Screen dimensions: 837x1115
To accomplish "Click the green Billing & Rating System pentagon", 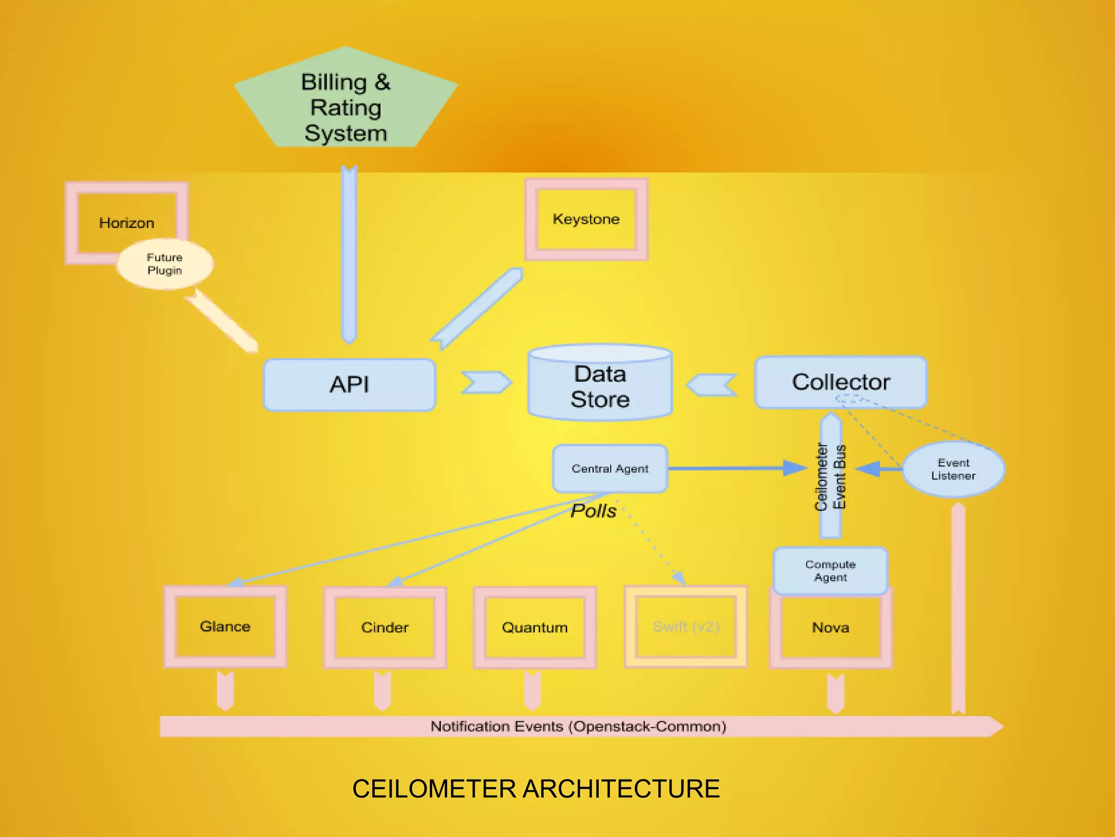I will pyautogui.click(x=345, y=106).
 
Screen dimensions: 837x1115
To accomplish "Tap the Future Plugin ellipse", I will pyautogui.click(x=164, y=264).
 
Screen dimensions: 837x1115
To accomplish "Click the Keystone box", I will pyautogui.click(x=586, y=219).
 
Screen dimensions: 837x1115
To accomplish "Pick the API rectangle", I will pyautogui.click(x=349, y=384).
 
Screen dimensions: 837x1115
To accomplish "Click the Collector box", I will pyautogui.click(x=840, y=382).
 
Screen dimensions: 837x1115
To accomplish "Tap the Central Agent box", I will pyautogui.click(x=610, y=469).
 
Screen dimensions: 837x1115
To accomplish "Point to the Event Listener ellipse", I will pyautogui.click(x=953, y=469).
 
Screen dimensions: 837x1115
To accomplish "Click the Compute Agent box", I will pyautogui.click(x=830, y=571).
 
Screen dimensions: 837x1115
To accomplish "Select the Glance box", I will pyautogui.click(x=225, y=627).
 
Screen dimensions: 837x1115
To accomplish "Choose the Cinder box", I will pyautogui.click(x=384, y=627).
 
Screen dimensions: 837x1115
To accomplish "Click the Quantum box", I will pyautogui.click(x=535, y=627).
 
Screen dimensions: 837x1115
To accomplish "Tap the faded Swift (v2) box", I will pyautogui.click(x=685, y=627).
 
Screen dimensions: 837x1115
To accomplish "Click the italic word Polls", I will pyautogui.click(x=593, y=511).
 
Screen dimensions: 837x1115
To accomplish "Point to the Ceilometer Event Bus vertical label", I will pyautogui.click(x=830, y=476).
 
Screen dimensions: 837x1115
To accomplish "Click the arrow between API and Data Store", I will pyautogui.click(x=486, y=382).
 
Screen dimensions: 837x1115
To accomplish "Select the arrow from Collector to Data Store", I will pyautogui.click(x=712, y=385).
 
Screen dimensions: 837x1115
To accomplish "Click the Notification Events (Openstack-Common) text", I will pyautogui.click(x=578, y=726).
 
